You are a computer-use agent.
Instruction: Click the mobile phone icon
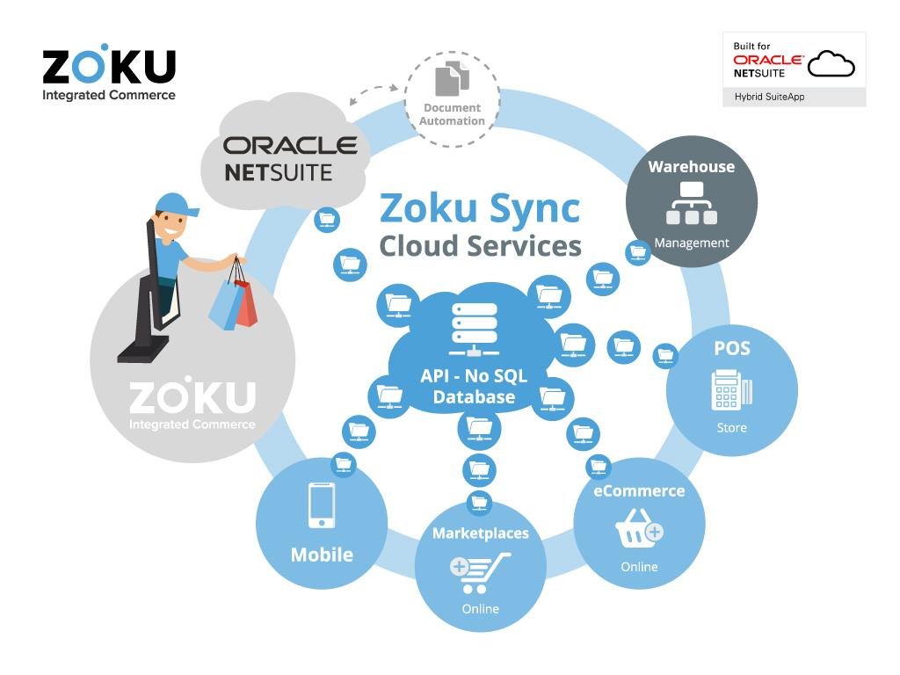tap(322, 505)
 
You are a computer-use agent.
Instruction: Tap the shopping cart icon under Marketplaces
tap(479, 573)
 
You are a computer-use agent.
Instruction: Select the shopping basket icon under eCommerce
tap(639, 528)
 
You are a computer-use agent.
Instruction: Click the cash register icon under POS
tap(731, 390)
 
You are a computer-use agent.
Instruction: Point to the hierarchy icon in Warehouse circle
tap(692, 203)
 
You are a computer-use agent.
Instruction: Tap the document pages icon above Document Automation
tap(452, 78)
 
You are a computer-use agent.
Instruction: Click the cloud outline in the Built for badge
tap(831, 63)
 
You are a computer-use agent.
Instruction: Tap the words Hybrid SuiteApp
tap(769, 97)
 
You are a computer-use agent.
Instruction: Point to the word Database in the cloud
tap(474, 396)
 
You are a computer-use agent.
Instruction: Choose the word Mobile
tap(322, 555)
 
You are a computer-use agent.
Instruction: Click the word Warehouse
tap(691, 166)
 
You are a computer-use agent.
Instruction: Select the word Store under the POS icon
tap(731, 428)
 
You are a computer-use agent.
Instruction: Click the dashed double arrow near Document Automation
tap(373, 93)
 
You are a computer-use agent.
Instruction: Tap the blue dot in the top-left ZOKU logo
tap(104, 47)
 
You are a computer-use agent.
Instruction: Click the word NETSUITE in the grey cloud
tap(278, 172)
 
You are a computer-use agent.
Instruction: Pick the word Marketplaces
tap(481, 533)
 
